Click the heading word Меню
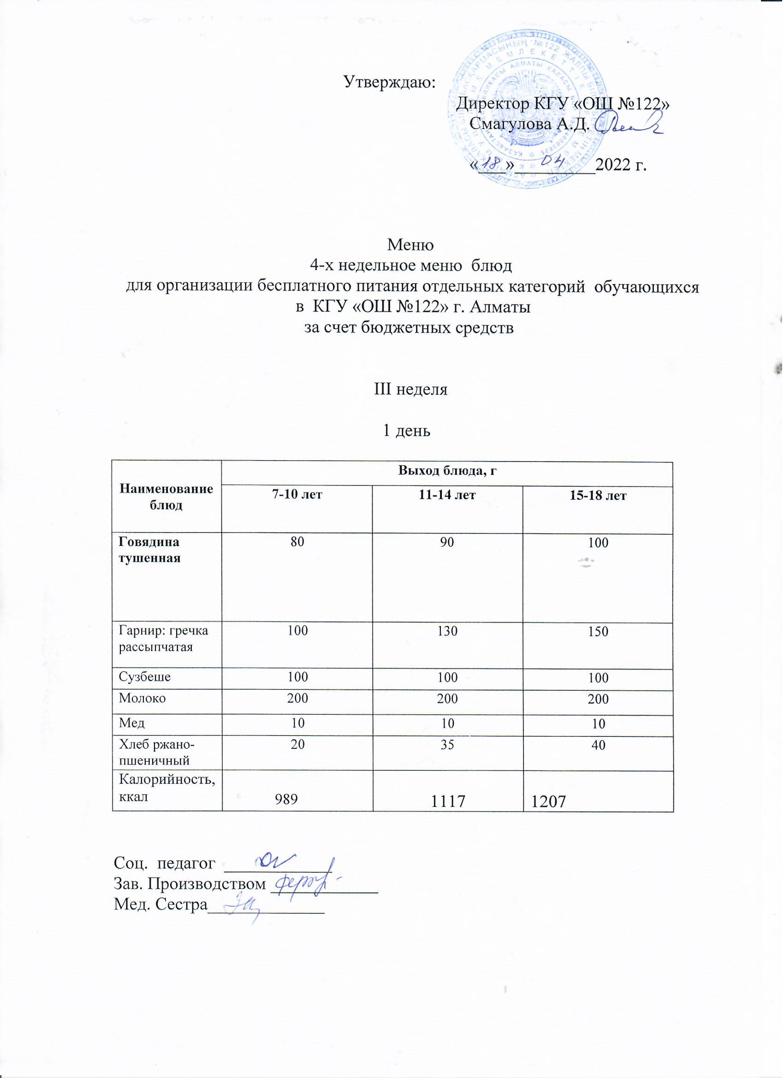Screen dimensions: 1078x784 coord(411,245)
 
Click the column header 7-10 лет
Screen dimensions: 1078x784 coord(297,495)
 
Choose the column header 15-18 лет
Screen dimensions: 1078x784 coord(598,496)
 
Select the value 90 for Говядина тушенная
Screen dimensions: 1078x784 coord(447,542)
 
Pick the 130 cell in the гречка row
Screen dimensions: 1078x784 coord(447,631)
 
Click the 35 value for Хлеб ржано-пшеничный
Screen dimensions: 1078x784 coord(447,744)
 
